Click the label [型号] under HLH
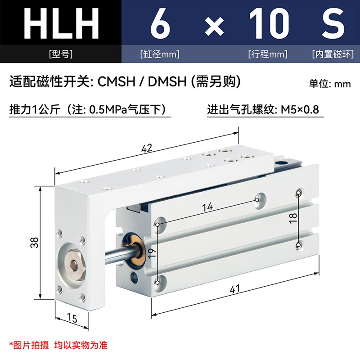pyautogui.click(x=60, y=54)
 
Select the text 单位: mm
pyautogui.click(x=329, y=84)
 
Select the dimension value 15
pyautogui.click(x=71, y=318)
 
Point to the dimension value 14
pyautogui.click(x=207, y=207)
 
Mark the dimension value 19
pyautogui.click(x=152, y=253)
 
